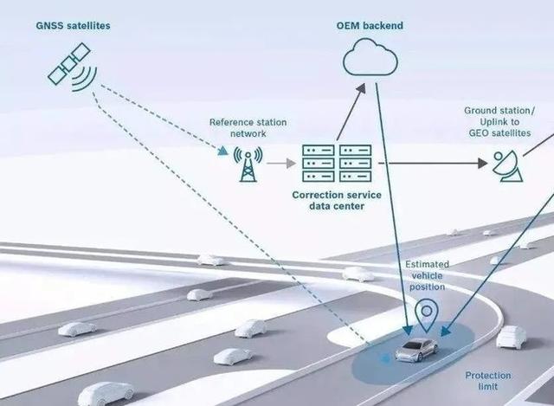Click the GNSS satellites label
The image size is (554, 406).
click(x=73, y=26)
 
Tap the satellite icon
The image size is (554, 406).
click(x=73, y=68)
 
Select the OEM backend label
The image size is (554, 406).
click(x=370, y=26)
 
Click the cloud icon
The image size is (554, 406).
click(x=370, y=57)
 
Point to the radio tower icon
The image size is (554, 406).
click(x=248, y=164)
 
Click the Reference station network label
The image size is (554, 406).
click(x=248, y=128)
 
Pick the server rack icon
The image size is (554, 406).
click(x=337, y=164)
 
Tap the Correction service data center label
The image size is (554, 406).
click(x=337, y=200)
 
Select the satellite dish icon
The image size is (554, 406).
click(x=508, y=166)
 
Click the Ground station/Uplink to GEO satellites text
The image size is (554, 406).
click(x=499, y=122)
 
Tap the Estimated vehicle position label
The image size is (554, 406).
click(x=427, y=275)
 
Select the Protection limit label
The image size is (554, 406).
click(x=488, y=381)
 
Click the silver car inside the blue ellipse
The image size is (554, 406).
click(x=416, y=350)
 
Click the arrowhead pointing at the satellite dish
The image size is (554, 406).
click(x=483, y=164)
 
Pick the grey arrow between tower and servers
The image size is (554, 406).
click(x=281, y=164)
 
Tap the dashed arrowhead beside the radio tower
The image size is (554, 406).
click(x=222, y=151)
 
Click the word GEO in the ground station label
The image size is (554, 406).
click(x=479, y=133)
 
